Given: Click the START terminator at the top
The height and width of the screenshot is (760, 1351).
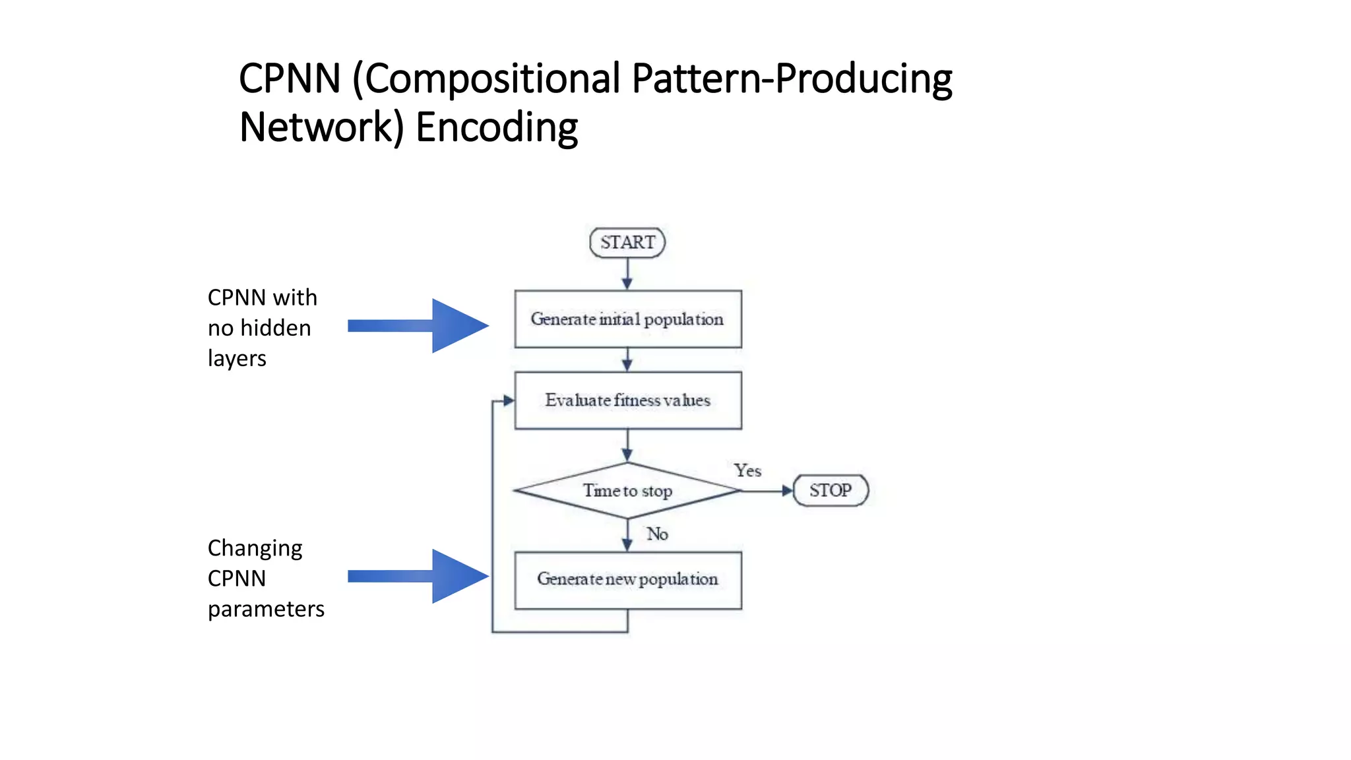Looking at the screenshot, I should [x=627, y=242].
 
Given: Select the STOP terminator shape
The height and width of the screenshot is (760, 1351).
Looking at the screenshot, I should [x=831, y=490].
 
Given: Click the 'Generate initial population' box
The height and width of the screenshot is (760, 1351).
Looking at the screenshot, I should [x=627, y=319].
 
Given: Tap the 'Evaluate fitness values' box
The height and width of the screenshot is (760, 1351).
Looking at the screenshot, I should [x=627, y=400].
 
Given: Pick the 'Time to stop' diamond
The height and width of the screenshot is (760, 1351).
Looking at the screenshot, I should [x=627, y=491].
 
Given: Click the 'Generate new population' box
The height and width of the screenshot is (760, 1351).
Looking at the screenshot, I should [x=627, y=579].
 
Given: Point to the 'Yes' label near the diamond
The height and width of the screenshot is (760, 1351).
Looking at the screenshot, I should [x=747, y=470].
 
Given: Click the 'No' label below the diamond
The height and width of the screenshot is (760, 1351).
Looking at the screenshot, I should [x=657, y=534].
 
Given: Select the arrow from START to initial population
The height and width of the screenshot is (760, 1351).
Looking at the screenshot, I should [x=627, y=274].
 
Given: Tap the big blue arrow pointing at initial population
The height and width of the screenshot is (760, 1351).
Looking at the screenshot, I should [x=420, y=325].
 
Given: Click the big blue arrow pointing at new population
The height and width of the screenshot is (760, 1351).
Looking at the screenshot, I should [x=420, y=576].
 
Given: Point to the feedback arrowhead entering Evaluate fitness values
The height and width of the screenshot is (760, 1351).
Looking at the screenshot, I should [x=508, y=400].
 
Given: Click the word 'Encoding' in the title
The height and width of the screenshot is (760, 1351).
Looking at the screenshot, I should [x=497, y=127].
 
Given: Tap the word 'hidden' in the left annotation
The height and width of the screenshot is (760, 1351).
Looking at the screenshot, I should [x=276, y=328].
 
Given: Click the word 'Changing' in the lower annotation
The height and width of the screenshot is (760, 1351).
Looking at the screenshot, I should [x=255, y=548].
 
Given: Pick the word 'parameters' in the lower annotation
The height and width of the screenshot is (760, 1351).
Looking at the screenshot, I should [x=266, y=609].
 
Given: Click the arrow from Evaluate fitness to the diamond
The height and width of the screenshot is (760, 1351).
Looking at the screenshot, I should [x=627, y=445].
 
